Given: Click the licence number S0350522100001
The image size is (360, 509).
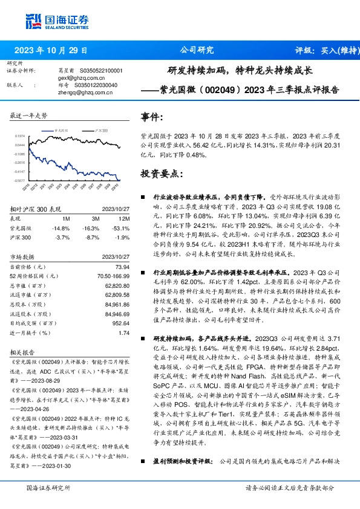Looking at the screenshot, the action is (100, 71).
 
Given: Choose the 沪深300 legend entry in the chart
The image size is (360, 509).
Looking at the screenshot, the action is (101, 130).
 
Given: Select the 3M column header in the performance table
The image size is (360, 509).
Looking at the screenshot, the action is (96, 218).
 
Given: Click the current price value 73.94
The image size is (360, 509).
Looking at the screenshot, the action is (122, 267).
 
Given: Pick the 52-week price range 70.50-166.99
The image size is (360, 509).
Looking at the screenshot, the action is (111, 276).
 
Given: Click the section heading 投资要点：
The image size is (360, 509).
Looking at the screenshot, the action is (162, 173).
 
